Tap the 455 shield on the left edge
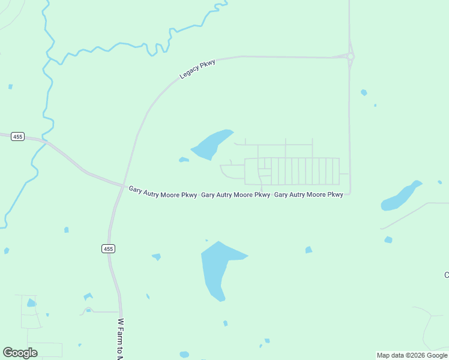(x=17, y=137)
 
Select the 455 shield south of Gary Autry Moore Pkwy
(x=107, y=248)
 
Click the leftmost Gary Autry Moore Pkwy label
(x=163, y=192)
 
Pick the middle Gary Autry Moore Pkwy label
(x=235, y=195)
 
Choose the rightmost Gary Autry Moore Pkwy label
(x=309, y=195)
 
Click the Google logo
(x=20, y=353)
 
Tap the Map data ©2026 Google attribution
(x=412, y=355)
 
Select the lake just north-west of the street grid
(x=211, y=144)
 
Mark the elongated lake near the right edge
(x=400, y=196)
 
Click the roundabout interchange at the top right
(x=350, y=57)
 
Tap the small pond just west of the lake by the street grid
(x=184, y=160)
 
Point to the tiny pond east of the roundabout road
(x=364, y=92)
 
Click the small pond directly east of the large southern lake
(x=309, y=250)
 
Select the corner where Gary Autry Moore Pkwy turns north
(x=349, y=193)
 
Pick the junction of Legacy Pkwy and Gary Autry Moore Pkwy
(x=124, y=185)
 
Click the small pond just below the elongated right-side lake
(x=388, y=240)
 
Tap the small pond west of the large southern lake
(x=157, y=257)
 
